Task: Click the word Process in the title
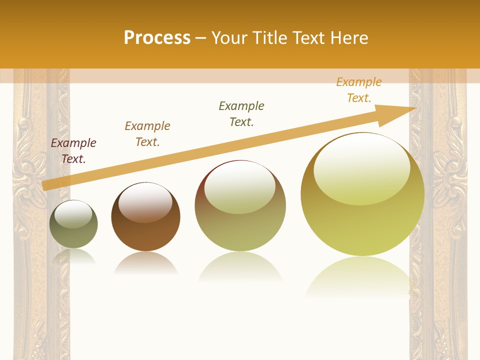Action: click(157, 38)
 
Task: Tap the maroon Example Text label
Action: click(73, 151)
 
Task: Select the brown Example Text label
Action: click(147, 134)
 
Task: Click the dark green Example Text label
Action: click(241, 114)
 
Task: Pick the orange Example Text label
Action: click(359, 90)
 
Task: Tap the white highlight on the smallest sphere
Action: click(73, 214)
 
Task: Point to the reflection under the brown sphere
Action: click(145, 263)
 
